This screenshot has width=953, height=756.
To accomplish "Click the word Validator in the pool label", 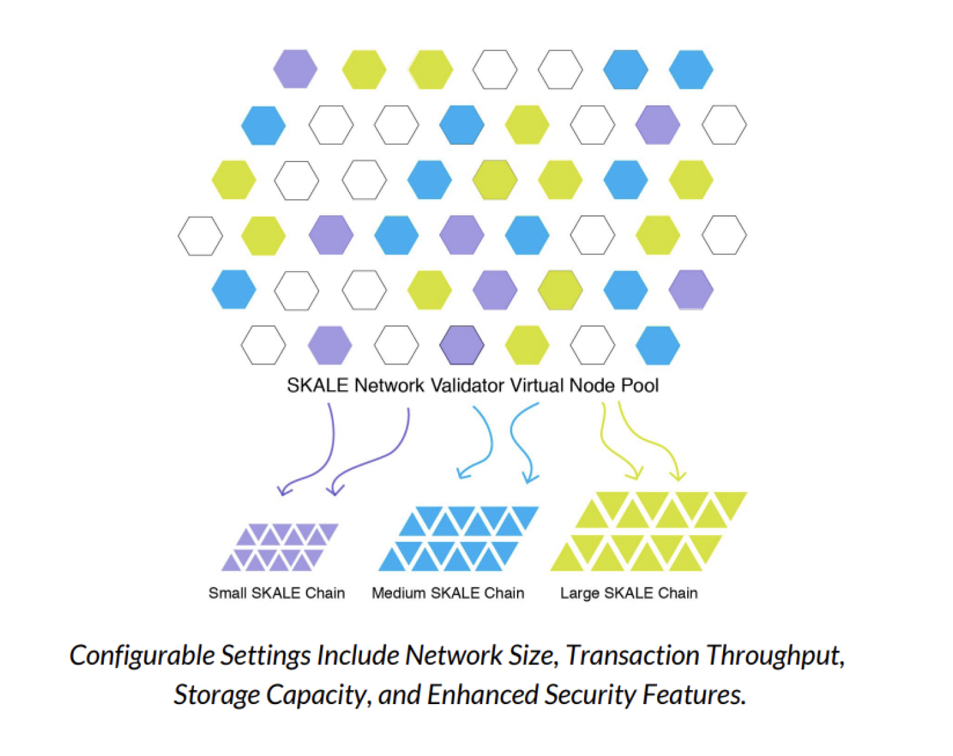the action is (x=467, y=385).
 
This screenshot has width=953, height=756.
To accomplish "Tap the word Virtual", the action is (x=537, y=385).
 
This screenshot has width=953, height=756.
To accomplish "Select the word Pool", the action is (x=640, y=386).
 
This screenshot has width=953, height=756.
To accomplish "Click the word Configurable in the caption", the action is (x=142, y=655).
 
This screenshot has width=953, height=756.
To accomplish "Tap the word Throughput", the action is (x=775, y=655).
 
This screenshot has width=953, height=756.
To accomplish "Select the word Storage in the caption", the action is (x=216, y=694).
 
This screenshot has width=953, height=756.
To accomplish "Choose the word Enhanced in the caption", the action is (x=482, y=694).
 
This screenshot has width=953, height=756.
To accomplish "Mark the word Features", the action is (x=694, y=694).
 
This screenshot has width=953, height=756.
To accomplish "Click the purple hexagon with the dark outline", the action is (x=461, y=345).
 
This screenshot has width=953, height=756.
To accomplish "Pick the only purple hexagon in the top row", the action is (x=295, y=69).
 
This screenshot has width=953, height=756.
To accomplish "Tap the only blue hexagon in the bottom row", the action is (x=658, y=345).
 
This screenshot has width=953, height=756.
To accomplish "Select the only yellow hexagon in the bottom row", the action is (x=527, y=345).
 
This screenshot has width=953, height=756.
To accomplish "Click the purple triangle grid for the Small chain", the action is (x=280, y=547).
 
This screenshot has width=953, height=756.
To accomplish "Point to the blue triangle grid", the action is (x=459, y=538).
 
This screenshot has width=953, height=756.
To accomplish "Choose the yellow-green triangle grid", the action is (x=649, y=531).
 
